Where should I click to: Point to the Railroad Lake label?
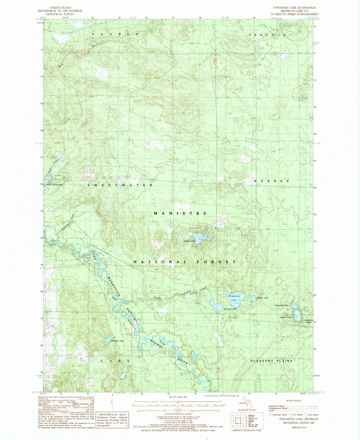(x=230, y=309)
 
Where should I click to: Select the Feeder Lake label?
(x=262, y=297)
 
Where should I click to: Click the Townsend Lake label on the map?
(x=281, y=305)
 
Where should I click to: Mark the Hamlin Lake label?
(x=285, y=317)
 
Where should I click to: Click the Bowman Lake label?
(x=117, y=341)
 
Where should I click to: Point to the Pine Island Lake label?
(x=55, y=185)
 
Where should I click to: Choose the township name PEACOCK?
(x=267, y=35)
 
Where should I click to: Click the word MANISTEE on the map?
(x=180, y=213)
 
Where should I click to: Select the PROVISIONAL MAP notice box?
(x=112, y=412)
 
